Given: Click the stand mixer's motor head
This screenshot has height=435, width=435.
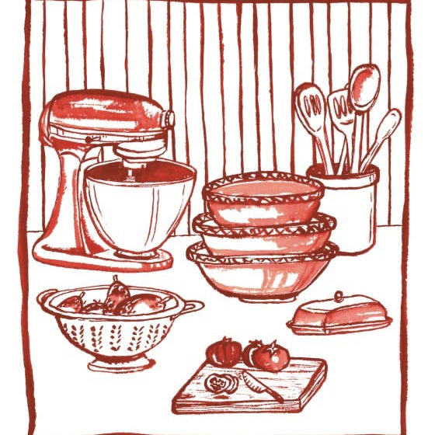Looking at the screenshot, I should point(101,117).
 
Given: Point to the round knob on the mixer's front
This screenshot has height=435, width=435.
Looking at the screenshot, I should point(169,119).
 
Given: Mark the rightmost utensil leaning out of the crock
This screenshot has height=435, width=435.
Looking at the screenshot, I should point(385,129).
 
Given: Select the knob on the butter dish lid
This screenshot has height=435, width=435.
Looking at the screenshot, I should point(338,297).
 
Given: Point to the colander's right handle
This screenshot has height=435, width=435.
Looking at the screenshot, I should point(194,305).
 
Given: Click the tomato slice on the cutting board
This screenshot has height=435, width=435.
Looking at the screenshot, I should point(218,383).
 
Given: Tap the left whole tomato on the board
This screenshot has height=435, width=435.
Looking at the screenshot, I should point(225,353).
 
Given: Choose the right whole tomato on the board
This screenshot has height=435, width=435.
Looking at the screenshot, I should point(268,356).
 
